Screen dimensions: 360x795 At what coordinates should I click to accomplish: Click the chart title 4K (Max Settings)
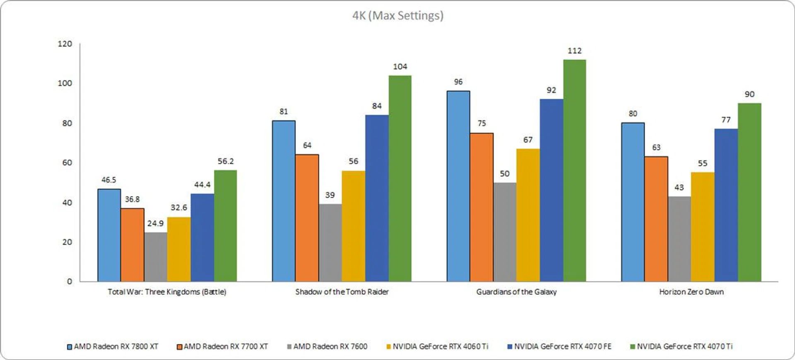[397, 16]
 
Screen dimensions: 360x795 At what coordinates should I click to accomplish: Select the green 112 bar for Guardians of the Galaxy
[574, 170]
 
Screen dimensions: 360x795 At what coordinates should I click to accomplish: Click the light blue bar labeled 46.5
[109, 235]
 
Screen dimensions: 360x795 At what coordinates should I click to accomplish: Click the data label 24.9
[155, 223]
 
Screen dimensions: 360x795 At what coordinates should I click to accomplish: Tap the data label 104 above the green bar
[400, 66]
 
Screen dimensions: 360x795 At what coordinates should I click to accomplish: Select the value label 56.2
[226, 161]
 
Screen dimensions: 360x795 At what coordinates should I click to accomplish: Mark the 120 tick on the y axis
[65, 44]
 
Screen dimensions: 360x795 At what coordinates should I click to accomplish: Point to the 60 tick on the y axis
[67, 163]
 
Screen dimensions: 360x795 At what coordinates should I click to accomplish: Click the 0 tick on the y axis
[70, 281]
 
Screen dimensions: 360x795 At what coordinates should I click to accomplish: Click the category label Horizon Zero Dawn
[691, 292]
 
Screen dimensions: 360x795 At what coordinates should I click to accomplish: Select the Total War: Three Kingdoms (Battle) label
[167, 292]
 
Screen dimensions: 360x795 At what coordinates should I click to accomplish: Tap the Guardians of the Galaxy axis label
[516, 292]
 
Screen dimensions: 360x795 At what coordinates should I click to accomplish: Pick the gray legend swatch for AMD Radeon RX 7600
[289, 346]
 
